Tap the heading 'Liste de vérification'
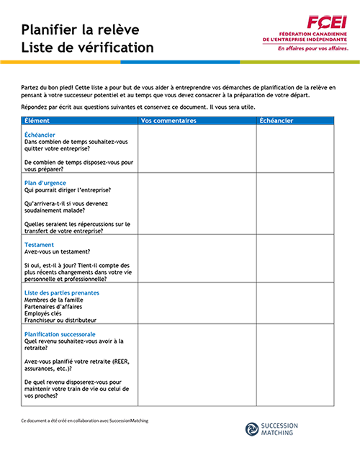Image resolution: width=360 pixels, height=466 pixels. point(87,48)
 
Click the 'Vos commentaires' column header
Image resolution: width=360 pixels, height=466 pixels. point(169,121)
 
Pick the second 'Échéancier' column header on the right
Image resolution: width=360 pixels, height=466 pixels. point(275,121)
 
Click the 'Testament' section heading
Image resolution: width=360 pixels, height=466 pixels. point(40,245)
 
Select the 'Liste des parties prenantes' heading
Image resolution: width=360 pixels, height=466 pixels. point(62,293)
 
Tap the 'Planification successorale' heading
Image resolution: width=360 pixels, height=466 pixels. point(60,335)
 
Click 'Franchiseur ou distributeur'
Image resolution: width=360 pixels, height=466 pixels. point(60,320)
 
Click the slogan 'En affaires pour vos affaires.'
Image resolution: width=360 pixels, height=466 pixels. point(312,50)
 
